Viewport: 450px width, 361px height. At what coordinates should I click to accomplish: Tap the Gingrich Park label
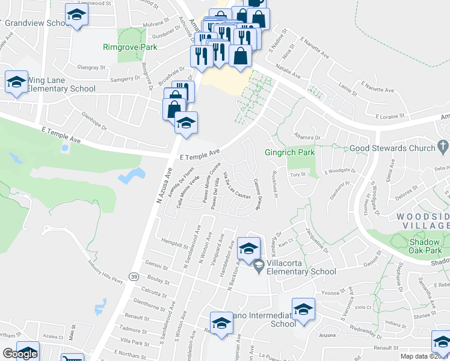[x=290, y=153]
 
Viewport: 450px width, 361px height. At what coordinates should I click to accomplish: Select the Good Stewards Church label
[x=392, y=148]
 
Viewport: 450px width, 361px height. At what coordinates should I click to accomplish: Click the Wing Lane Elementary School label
[x=61, y=84]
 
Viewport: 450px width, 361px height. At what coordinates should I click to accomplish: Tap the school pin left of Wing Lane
[x=16, y=83]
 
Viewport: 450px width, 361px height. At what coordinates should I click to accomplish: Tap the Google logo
[x=20, y=354]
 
